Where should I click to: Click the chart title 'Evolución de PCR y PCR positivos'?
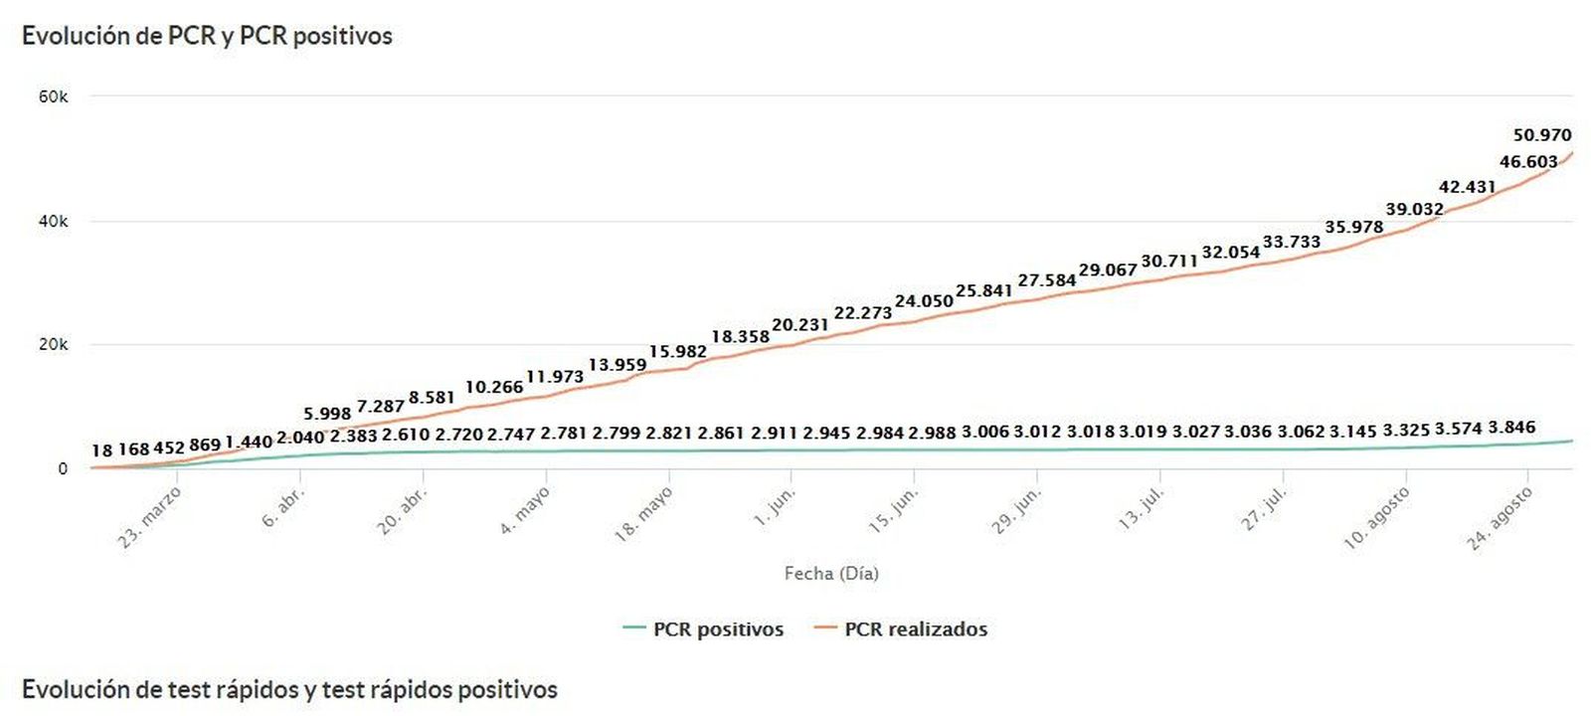point(207,36)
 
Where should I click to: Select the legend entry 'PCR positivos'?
point(718,629)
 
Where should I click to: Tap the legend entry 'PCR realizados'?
point(916,629)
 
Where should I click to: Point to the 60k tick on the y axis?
point(53,96)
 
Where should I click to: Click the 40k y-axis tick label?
point(53,221)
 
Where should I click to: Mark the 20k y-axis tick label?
point(53,345)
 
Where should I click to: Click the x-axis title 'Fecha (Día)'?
point(831,574)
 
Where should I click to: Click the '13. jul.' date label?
point(1143,508)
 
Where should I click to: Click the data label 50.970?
point(1542,135)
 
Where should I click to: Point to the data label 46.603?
point(1528,162)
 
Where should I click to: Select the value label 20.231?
point(799,325)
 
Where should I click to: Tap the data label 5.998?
point(327,414)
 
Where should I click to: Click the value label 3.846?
point(1511,428)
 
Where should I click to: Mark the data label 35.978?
point(1353,227)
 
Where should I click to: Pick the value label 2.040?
point(300,438)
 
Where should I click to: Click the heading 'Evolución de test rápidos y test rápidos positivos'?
point(289,689)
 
